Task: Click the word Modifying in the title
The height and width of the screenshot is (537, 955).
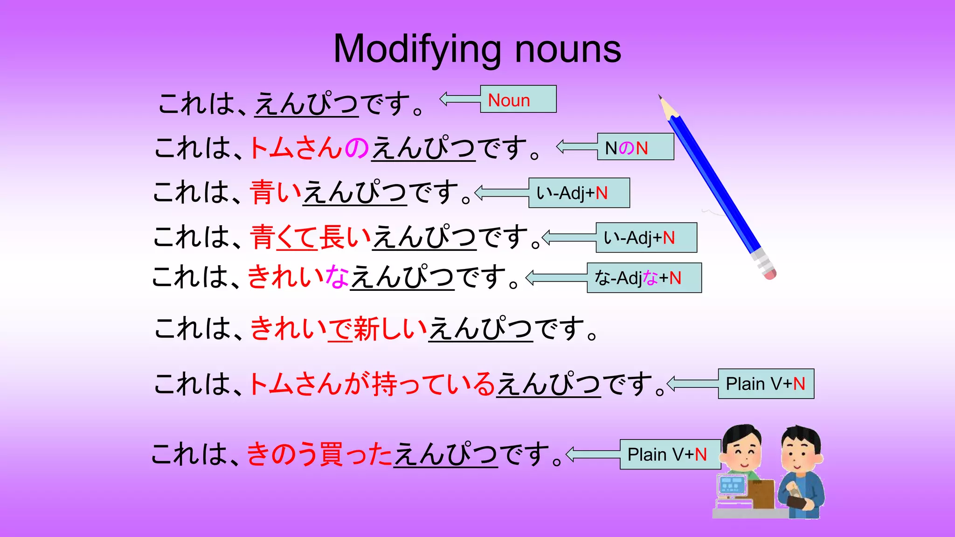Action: (x=417, y=49)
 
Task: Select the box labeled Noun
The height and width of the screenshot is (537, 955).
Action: (x=518, y=99)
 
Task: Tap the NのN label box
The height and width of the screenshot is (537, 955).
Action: (x=635, y=147)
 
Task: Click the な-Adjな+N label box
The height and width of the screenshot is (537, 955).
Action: (x=644, y=278)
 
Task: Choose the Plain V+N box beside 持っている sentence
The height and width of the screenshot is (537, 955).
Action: (x=766, y=384)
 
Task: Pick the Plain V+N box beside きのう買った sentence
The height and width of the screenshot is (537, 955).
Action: (x=670, y=454)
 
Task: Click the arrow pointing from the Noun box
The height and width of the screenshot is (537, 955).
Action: (x=459, y=99)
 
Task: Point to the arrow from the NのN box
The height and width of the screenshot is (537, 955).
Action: (x=576, y=147)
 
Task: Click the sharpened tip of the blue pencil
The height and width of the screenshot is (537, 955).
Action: (x=661, y=97)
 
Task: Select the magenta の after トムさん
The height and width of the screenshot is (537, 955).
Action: (x=357, y=148)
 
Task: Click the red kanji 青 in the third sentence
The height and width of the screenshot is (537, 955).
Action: (x=262, y=193)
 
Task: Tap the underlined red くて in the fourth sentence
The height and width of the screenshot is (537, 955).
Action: (x=297, y=237)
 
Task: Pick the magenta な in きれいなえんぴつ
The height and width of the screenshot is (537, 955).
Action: (x=337, y=277)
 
